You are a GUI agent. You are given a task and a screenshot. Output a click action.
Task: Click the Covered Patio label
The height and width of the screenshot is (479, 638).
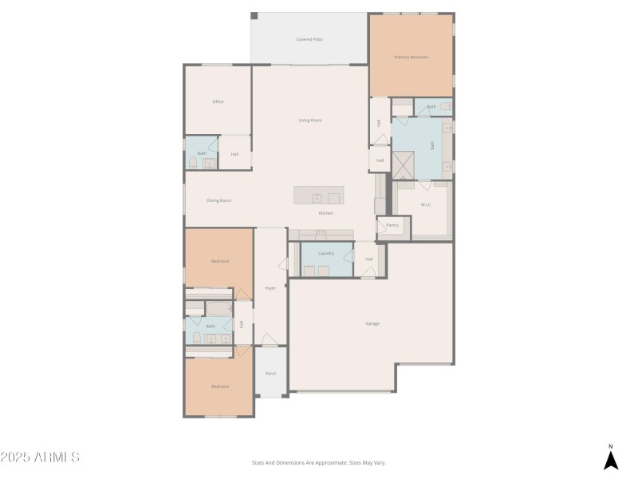[x=309, y=39]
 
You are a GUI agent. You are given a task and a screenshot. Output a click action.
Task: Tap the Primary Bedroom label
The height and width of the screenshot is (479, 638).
[x=411, y=57]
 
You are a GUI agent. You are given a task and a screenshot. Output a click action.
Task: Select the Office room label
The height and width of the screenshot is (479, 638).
[x=218, y=102]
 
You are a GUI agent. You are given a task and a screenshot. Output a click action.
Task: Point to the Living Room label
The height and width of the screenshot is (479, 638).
[x=309, y=121]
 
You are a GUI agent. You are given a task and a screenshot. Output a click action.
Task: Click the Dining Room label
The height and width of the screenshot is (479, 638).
[x=219, y=200]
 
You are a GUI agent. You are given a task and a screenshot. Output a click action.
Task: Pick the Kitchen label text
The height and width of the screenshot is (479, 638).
[x=325, y=213]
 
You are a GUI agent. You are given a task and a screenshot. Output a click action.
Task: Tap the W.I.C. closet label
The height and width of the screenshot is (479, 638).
[x=426, y=205]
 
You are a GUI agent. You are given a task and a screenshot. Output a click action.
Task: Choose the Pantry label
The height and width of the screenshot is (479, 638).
[x=392, y=226]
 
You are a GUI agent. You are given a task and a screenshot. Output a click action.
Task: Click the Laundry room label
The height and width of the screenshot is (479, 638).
[x=325, y=254]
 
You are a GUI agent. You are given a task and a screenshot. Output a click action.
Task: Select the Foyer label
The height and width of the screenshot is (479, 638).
[x=270, y=288]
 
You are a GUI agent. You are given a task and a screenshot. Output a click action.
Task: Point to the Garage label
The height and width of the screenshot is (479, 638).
[x=372, y=323]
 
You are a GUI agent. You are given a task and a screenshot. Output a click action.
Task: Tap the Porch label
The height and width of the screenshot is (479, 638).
[x=270, y=373]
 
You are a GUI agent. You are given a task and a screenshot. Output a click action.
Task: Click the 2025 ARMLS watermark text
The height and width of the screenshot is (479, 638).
[x=40, y=457]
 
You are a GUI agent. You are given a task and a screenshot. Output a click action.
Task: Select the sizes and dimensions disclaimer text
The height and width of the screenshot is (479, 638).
[x=318, y=462]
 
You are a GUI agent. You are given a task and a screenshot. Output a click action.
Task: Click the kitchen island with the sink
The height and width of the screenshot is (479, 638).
[x=317, y=196]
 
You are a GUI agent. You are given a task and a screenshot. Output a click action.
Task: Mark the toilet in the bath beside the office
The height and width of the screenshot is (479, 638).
[x=193, y=163]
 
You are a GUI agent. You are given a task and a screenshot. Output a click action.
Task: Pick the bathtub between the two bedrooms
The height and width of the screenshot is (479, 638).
[x=217, y=309]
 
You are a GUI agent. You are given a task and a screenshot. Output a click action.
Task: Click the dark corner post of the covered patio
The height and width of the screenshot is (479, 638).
[x=254, y=16]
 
